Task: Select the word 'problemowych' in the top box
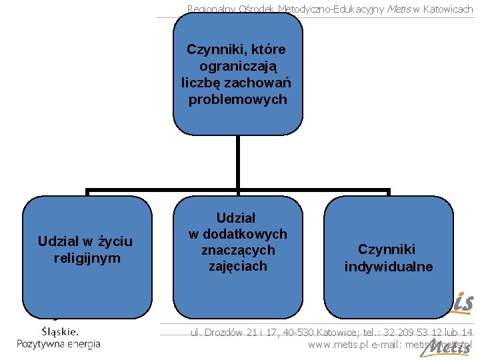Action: point(237,100)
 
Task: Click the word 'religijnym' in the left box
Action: point(87,258)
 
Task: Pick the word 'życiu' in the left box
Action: point(115,241)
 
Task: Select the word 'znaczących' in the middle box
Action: point(238,250)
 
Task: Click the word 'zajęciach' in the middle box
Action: point(238,266)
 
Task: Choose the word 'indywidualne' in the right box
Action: point(389,267)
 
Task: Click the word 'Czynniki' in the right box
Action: point(387,249)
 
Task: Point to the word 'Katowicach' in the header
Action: point(447,9)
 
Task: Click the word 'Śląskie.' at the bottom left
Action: point(60,331)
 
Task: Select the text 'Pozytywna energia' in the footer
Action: point(59,344)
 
